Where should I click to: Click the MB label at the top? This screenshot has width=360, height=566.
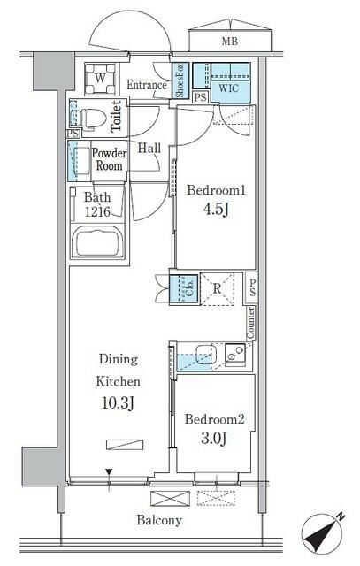230,41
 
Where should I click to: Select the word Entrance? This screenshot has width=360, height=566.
147,85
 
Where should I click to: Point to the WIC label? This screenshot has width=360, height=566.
228,89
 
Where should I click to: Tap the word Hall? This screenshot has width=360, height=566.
149,148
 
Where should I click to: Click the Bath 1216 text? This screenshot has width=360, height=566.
98,204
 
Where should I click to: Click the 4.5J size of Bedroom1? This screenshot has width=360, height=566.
209,211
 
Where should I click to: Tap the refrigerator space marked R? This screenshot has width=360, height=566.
218,287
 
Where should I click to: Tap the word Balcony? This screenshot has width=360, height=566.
160,520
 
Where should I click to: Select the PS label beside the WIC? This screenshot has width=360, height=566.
200,97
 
